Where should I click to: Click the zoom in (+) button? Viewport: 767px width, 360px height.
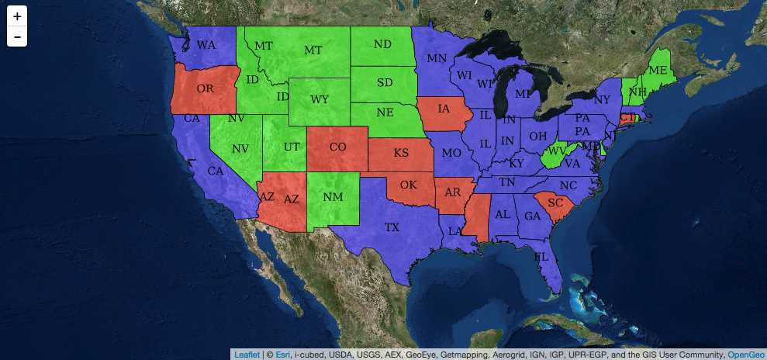[x=17, y=16]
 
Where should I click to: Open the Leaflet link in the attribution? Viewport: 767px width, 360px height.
[x=246, y=355]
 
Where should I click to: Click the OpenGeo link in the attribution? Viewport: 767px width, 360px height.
[x=746, y=355]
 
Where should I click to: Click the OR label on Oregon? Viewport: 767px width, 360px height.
[x=206, y=88]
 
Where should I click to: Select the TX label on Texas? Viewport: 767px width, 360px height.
[x=392, y=227]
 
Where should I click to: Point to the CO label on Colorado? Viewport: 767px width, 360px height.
[x=337, y=146]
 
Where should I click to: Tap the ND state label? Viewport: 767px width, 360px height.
[x=382, y=44]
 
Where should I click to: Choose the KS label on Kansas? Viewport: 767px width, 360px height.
[x=401, y=153]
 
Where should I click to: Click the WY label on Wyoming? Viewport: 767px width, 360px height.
[x=320, y=99]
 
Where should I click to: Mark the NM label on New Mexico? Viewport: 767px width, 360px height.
[x=333, y=196]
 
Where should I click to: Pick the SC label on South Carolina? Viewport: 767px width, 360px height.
[x=555, y=202]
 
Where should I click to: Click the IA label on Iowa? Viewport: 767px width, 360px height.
[x=444, y=109]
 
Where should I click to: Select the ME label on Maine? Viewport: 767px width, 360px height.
[x=658, y=70]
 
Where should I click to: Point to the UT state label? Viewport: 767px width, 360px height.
[x=292, y=146]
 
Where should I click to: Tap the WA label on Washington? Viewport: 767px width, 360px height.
[x=206, y=45]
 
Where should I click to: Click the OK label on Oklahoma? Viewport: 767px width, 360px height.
[x=408, y=185]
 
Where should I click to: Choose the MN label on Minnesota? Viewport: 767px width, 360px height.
[x=437, y=57]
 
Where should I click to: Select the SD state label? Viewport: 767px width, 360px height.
[x=384, y=81]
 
